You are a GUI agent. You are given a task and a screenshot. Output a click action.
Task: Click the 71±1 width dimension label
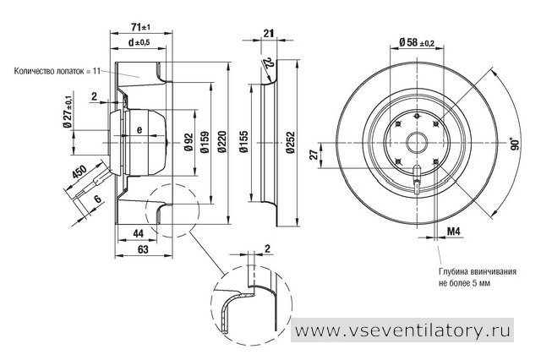tap(142, 27)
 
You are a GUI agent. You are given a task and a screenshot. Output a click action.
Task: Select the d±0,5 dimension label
tap(139, 42)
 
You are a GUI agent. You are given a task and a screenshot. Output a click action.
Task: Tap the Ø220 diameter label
tap(221, 141)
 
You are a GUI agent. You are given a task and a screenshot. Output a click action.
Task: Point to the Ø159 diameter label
tap(205, 141)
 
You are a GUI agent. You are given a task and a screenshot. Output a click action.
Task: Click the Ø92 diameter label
tap(189, 141)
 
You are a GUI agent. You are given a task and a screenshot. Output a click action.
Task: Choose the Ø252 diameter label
tap(291, 142)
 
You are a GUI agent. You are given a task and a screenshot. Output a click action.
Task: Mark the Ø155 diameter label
tap(243, 141)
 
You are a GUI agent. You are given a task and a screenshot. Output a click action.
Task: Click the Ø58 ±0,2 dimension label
tap(417, 42)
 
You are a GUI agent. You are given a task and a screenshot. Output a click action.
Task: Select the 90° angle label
tap(515, 144)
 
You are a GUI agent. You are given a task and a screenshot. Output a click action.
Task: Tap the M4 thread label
tap(454, 232)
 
